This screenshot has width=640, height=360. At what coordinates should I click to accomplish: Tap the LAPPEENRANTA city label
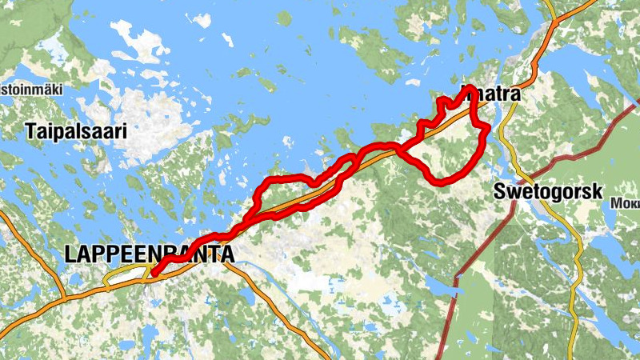150,255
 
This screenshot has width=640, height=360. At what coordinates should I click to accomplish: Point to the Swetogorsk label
548,192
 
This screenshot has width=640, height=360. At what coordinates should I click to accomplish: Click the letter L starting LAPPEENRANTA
70,255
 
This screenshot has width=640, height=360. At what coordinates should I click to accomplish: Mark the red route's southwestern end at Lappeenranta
153,275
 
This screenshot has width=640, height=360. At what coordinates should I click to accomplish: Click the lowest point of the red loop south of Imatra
442,183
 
